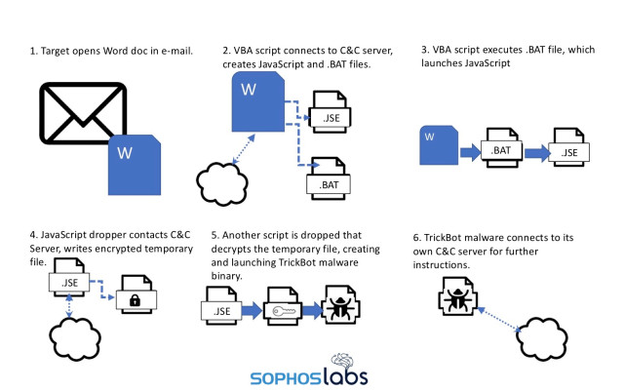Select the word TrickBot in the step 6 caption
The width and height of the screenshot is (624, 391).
441,237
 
